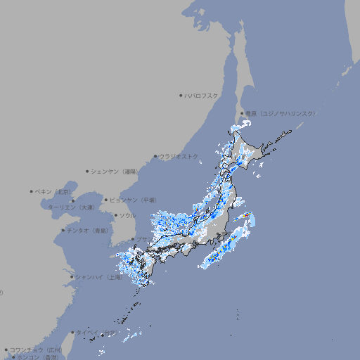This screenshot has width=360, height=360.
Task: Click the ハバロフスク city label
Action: point(202,95)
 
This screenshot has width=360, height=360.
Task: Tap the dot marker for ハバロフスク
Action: point(181,95)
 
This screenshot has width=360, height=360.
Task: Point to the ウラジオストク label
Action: point(179,156)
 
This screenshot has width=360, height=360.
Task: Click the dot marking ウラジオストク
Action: point(155,156)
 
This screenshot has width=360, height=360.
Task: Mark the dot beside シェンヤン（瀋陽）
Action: point(87,171)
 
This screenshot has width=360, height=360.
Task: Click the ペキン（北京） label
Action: point(53,191)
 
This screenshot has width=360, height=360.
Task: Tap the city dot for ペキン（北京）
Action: point(32,191)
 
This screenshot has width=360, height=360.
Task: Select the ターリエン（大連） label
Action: point(70,207)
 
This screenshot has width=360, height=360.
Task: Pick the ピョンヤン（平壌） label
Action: point(134,200)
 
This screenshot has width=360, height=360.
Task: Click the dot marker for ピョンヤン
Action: point(106,200)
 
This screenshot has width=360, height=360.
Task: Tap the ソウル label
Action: point(127,215)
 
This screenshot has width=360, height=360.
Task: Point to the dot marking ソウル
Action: point(115,215)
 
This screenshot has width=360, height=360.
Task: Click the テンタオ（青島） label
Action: point(88,230)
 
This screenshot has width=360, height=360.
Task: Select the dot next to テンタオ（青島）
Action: point(63,230)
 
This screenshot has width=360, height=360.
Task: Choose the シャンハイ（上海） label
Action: point(99,277)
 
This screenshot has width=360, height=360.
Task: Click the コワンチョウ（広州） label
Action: point(36,349)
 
